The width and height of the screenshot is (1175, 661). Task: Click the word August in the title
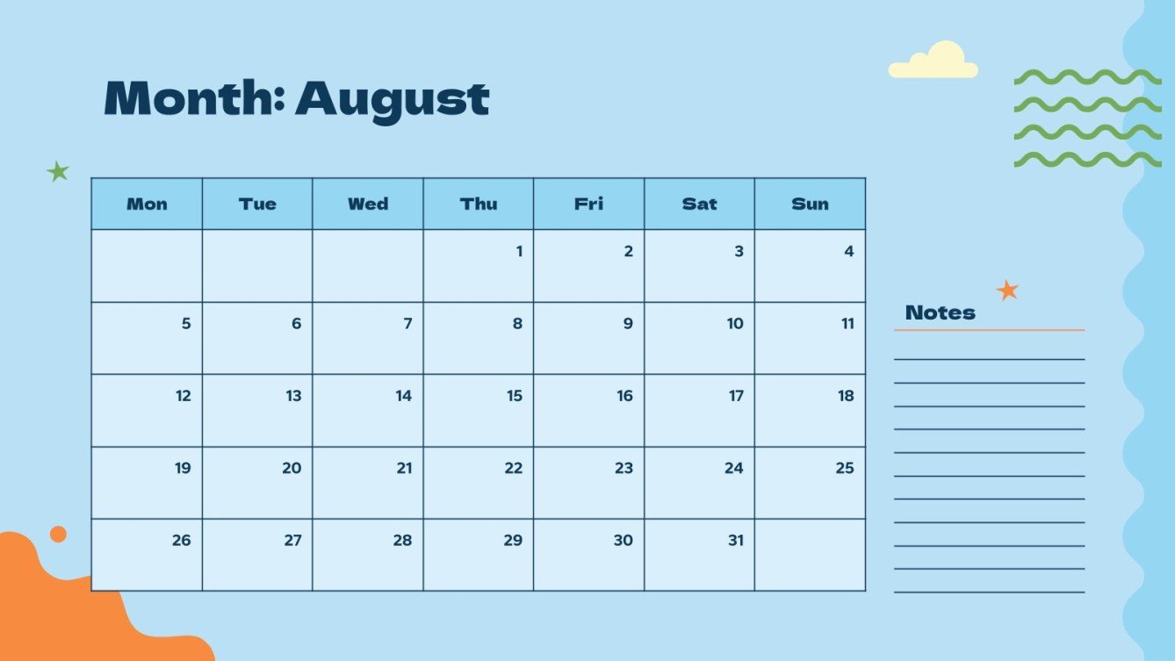(392, 99)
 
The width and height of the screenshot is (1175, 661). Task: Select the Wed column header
(368, 204)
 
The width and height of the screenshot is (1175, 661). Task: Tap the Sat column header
(699, 204)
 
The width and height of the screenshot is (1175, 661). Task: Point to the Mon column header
(147, 204)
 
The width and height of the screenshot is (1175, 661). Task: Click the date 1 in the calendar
(519, 252)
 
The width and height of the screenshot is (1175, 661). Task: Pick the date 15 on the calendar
(515, 396)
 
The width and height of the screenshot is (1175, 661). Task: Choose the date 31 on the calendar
(736, 541)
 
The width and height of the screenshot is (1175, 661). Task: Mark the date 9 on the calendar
(628, 324)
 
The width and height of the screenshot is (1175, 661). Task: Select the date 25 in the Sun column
(845, 469)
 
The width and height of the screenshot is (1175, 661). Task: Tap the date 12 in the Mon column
(183, 396)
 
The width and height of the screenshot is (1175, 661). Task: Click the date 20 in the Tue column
(292, 469)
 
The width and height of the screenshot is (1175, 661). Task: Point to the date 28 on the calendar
(402, 541)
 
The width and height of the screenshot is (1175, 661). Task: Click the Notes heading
(940, 313)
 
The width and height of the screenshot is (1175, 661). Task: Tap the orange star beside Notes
(1007, 290)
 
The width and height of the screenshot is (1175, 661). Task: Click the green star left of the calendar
(58, 171)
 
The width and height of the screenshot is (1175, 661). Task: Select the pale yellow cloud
(934, 61)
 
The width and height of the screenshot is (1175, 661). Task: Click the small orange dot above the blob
(58, 534)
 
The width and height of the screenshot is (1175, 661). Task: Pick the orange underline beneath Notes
(989, 330)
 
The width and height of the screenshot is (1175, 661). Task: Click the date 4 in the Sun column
(848, 252)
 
